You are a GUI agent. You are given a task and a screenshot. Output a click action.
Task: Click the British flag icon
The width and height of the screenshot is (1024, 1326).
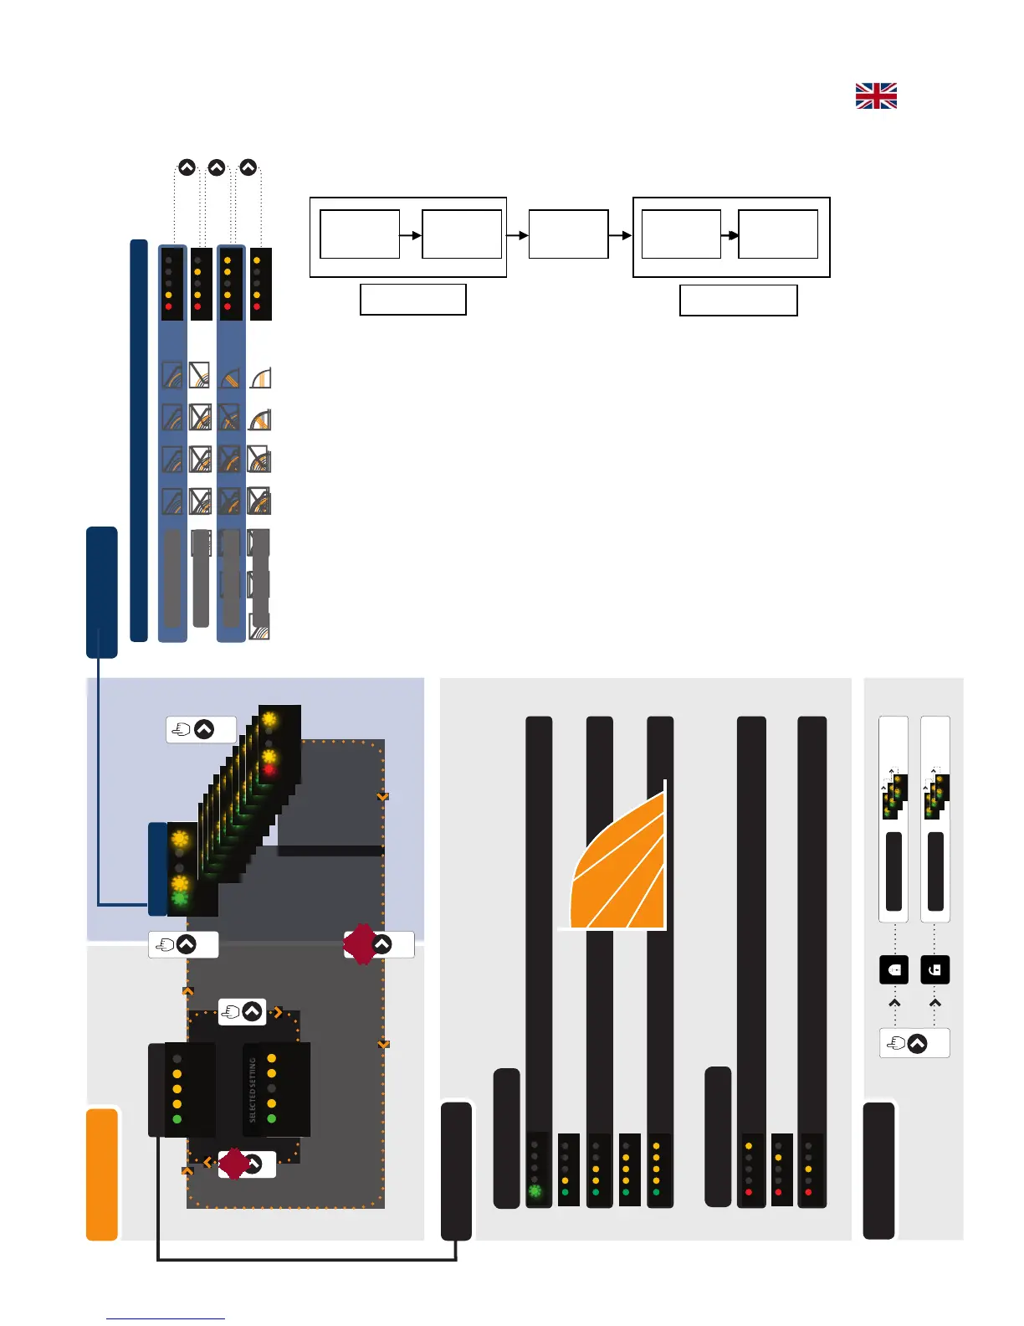(x=876, y=96)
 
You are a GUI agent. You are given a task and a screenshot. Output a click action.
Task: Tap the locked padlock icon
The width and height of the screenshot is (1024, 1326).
(x=894, y=969)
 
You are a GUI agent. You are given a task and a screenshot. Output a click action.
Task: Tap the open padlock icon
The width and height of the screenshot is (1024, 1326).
(x=935, y=969)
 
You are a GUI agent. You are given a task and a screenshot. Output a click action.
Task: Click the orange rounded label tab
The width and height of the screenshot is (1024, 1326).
(x=102, y=1174)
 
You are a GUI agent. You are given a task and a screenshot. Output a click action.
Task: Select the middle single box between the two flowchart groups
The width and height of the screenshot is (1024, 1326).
(x=568, y=234)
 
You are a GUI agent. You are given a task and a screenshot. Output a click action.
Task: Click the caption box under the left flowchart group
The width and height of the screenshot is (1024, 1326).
(x=412, y=300)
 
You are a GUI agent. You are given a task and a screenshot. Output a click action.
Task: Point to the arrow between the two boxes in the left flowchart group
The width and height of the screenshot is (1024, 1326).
(x=411, y=235)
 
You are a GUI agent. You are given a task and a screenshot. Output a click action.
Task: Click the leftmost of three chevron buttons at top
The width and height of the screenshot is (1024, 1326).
(x=187, y=167)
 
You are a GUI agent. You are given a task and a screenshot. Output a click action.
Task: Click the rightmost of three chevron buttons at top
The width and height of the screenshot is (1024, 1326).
(x=248, y=167)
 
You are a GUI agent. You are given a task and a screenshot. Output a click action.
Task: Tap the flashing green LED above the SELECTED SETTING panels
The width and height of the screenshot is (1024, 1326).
(x=180, y=899)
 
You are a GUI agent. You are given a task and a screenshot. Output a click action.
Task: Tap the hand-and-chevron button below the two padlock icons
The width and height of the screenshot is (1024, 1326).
(x=914, y=1044)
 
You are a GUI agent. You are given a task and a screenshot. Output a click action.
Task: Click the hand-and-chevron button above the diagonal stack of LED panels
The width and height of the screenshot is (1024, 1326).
(x=201, y=730)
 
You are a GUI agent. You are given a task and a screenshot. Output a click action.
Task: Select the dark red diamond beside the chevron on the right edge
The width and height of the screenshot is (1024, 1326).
(x=361, y=944)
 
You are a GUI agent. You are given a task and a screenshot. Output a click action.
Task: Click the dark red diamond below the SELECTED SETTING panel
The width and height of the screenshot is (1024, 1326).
(x=234, y=1164)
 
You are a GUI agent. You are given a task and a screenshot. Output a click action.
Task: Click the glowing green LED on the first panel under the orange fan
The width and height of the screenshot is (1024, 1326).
(x=535, y=1190)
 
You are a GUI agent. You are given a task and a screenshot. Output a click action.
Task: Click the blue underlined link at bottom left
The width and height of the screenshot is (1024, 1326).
(x=166, y=1318)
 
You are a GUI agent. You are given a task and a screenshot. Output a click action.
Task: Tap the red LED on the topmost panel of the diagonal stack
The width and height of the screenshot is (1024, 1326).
(x=269, y=769)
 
